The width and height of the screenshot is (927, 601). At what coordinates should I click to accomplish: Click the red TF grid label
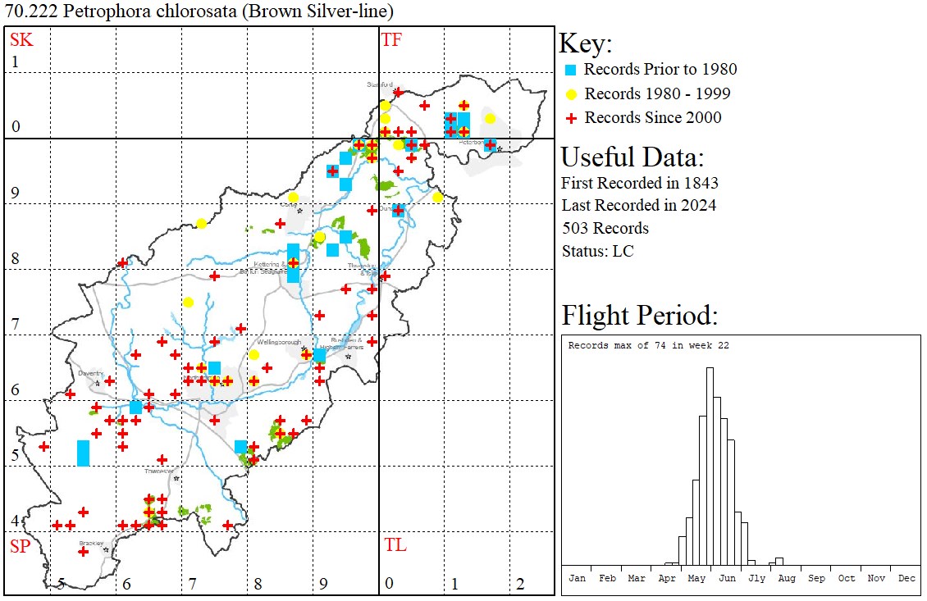click(x=391, y=39)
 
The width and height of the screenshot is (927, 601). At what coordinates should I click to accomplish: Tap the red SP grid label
click(x=20, y=546)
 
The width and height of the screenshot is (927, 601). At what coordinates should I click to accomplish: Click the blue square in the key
click(x=571, y=70)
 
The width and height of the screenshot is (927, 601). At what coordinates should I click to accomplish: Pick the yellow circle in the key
click(x=571, y=93)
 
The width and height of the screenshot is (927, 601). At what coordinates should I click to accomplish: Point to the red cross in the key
click(x=571, y=118)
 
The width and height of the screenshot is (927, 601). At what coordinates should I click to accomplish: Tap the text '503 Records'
click(x=605, y=228)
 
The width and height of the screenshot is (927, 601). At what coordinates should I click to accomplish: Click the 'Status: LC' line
click(x=597, y=251)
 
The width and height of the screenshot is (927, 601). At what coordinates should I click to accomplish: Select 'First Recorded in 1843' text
click(x=639, y=182)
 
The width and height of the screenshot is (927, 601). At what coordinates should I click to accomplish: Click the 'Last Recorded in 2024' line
click(x=638, y=205)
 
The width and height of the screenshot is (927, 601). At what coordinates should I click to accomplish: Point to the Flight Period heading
click(x=640, y=315)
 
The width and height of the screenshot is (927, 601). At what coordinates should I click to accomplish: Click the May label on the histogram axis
click(x=696, y=578)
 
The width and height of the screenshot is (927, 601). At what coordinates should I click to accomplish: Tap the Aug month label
click(x=786, y=578)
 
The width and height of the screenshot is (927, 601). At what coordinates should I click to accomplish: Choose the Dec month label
click(x=906, y=578)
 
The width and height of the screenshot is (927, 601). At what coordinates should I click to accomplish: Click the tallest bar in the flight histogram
click(x=710, y=467)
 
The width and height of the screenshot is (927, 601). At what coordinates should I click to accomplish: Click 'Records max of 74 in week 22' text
click(x=648, y=346)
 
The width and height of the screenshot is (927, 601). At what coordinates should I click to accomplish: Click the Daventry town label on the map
click(x=90, y=373)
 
